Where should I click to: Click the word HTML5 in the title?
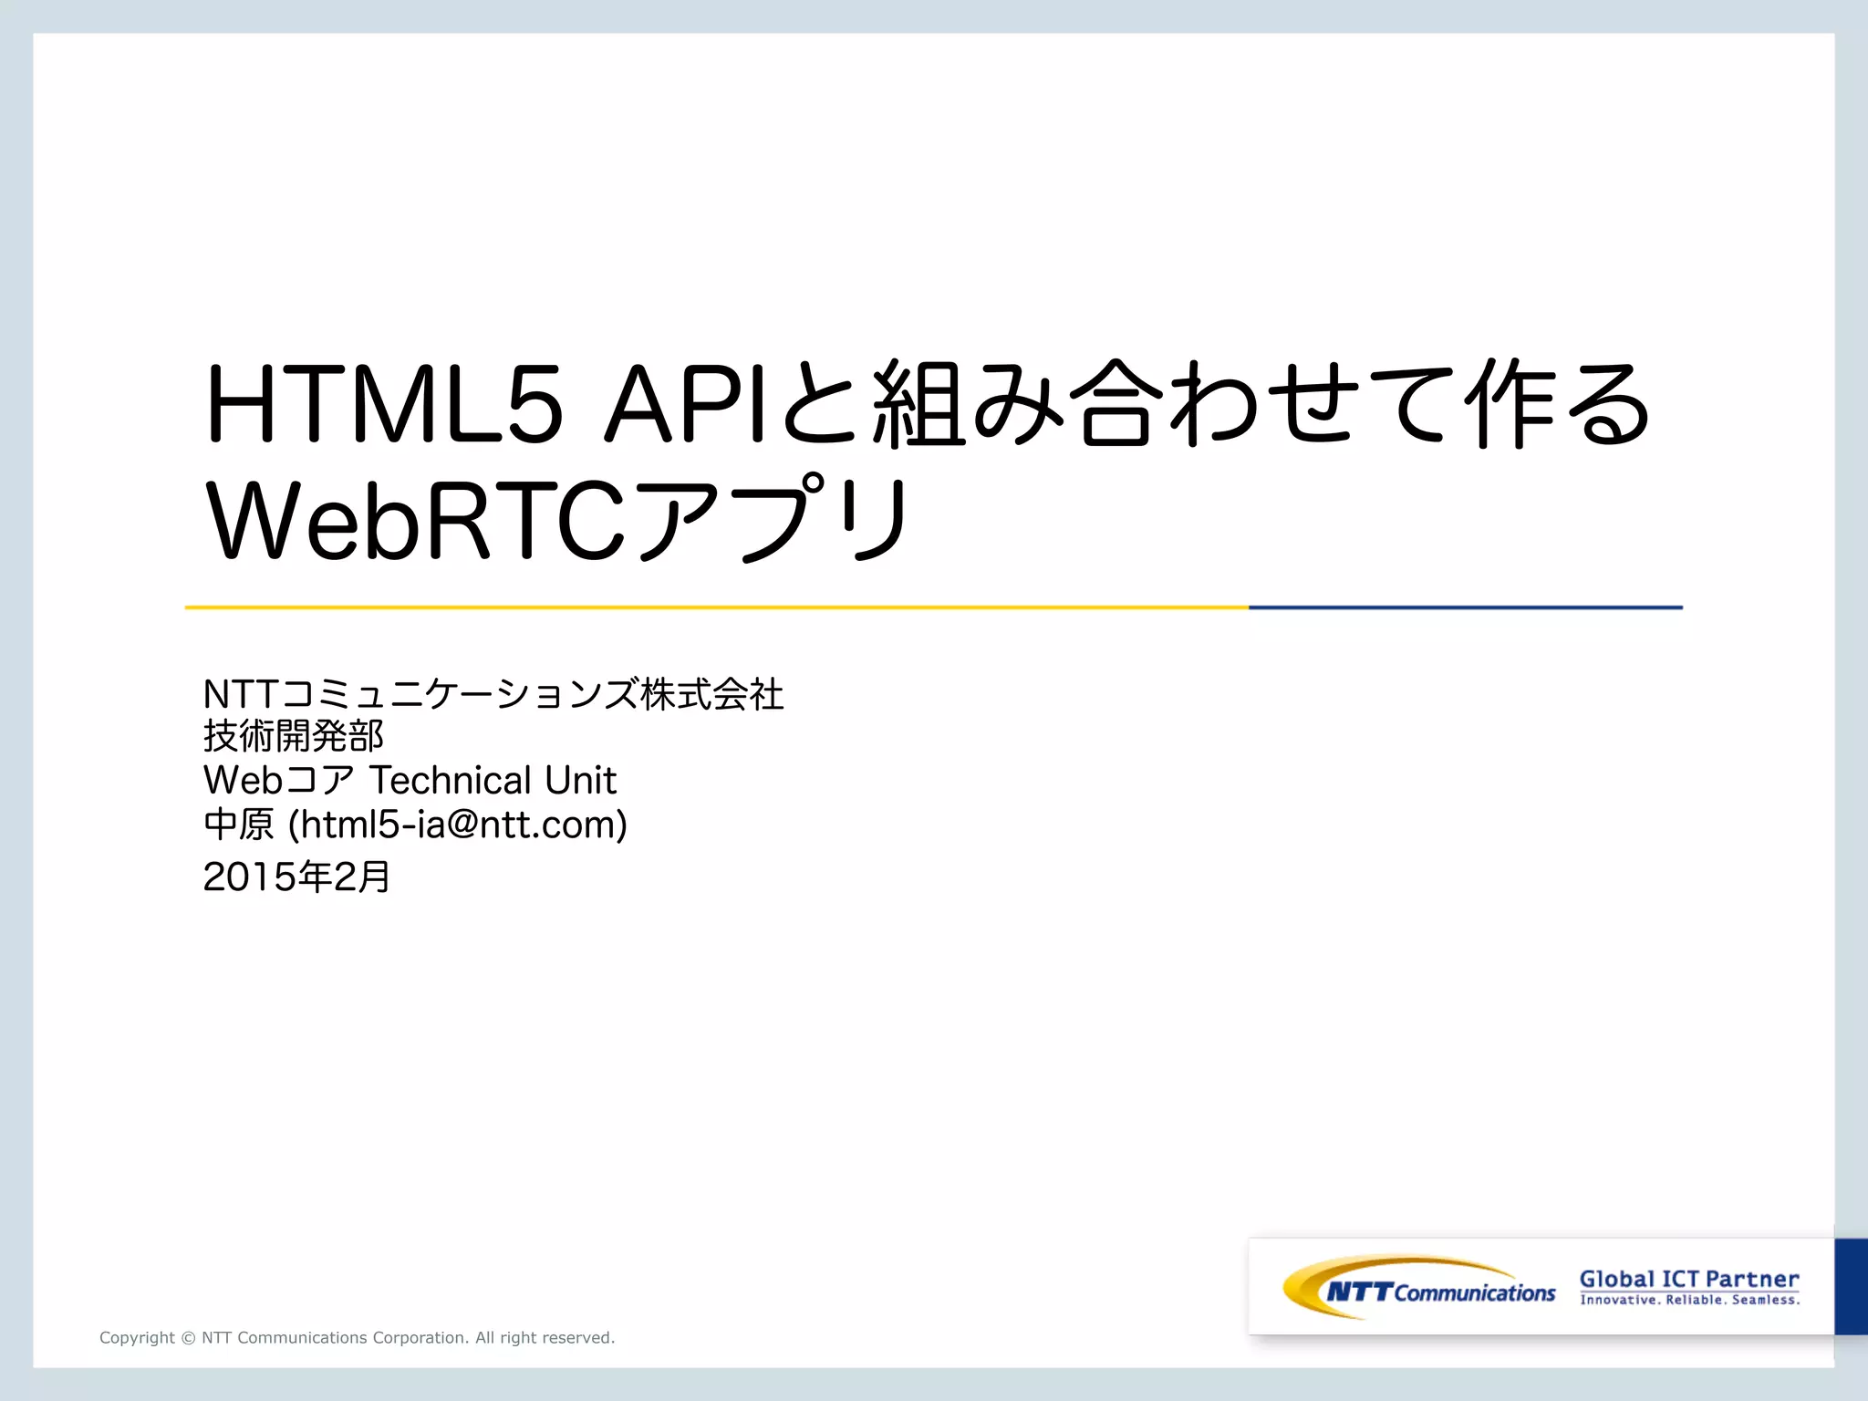pyautogui.click(x=384, y=404)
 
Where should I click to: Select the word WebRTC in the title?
pyautogui.click(x=416, y=521)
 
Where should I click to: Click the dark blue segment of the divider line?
pyautogui.click(x=1465, y=607)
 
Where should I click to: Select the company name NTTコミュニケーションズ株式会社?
pyautogui.click(x=493, y=694)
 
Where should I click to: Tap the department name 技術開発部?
pyautogui.click(x=293, y=736)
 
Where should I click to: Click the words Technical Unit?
pyautogui.click(x=493, y=781)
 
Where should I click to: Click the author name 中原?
pyautogui.click(x=238, y=825)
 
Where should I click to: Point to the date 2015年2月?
pyautogui.click(x=296, y=877)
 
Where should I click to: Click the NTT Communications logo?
pyautogui.click(x=1419, y=1288)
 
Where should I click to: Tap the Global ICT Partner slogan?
pyautogui.click(x=1689, y=1279)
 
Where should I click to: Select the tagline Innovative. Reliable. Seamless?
pyautogui.click(x=1689, y=1300)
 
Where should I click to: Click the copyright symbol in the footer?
pyautogui.click(x=188, y=1338)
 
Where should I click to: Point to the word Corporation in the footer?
pyautogui.click(x=420, y=1338)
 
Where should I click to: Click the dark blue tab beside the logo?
pyautogui.click(x=1851, y=1286)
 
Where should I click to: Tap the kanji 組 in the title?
pyautogui.click(x=918, y=404)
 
